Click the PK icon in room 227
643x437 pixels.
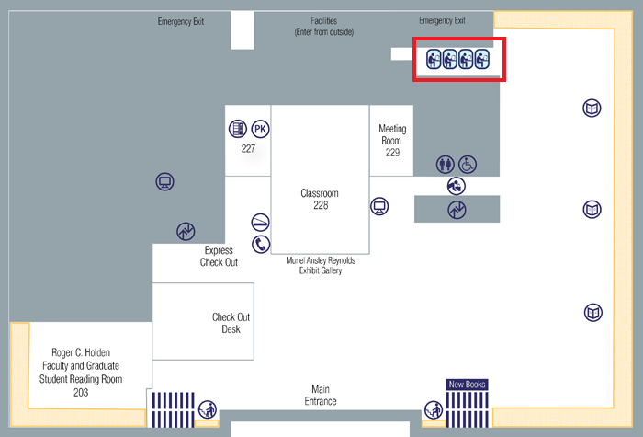(x=260, y=130)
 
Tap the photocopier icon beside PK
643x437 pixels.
(x=238, y=130)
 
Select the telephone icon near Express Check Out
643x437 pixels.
(x=261, y=244)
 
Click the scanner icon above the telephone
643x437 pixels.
(x=261, y=223)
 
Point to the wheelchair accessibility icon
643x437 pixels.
(x=468, y=165)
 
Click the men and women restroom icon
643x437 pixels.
(x=446, y=165)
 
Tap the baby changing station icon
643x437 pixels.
(x=457, y=186)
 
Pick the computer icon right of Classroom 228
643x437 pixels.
(x=379, y=205)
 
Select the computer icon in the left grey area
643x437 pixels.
(x=165, y=182)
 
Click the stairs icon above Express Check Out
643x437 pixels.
(x=186, y=231)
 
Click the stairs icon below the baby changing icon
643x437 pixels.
(x=457, y=210)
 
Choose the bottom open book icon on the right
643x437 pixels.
(x=593, y=313)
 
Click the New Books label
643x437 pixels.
(x=467, y=385)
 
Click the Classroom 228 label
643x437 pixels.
(x=320, y=199)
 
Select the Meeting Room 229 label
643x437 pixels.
(x=392, y=141)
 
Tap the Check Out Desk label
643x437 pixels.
(x=231, y=323)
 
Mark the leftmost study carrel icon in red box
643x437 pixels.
(x=434, y=60)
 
